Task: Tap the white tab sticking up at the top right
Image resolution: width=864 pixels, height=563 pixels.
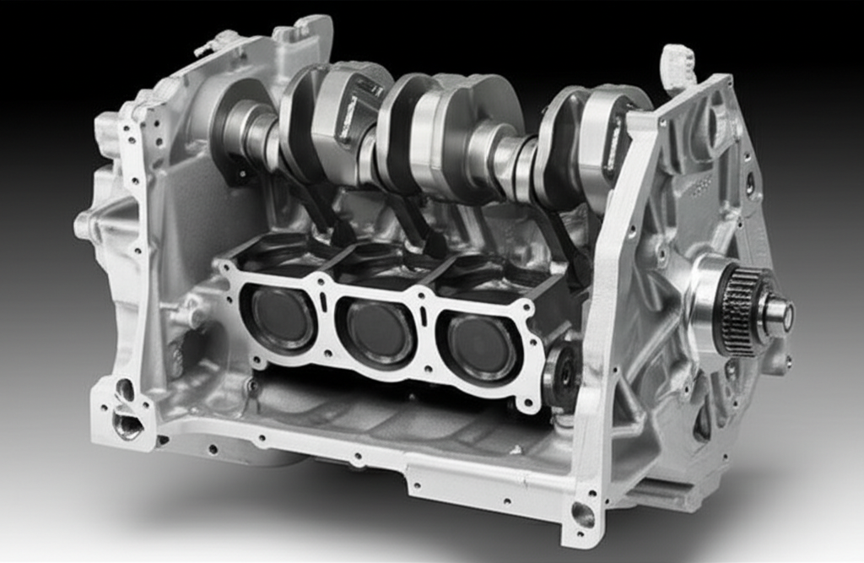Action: coord(678,66)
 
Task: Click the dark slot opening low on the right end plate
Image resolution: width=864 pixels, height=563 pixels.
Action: coord(701,422)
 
